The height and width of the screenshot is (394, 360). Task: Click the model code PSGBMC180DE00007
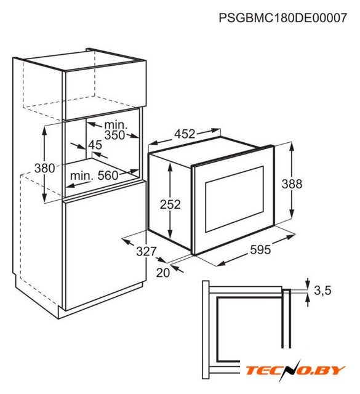pos(282,18)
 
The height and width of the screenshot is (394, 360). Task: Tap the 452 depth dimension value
pos(185,134)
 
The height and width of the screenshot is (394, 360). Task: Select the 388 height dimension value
pos(292,183)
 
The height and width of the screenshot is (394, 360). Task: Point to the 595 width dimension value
pos(260,249)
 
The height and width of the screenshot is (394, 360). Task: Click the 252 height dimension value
pos(170,204)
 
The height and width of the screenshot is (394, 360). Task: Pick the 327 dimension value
pos(146,251)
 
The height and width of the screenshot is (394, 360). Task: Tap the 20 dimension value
pos(163,272)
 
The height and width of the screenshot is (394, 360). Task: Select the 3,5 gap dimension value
pos(322,291)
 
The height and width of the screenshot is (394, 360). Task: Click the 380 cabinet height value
pos(44,168)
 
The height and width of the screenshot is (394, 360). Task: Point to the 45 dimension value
pos(95,145)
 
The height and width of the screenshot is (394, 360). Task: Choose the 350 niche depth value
pos(114,135)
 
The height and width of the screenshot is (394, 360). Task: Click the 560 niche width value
pos(108,175)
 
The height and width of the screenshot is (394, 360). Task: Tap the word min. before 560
pos(81,175)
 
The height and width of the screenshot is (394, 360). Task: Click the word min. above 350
pos(116,125)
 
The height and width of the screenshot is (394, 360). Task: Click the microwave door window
pos(234,199)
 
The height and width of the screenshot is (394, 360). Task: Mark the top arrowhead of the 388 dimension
pos(292,146)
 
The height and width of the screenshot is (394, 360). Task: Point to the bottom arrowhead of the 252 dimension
pos(170,235)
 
